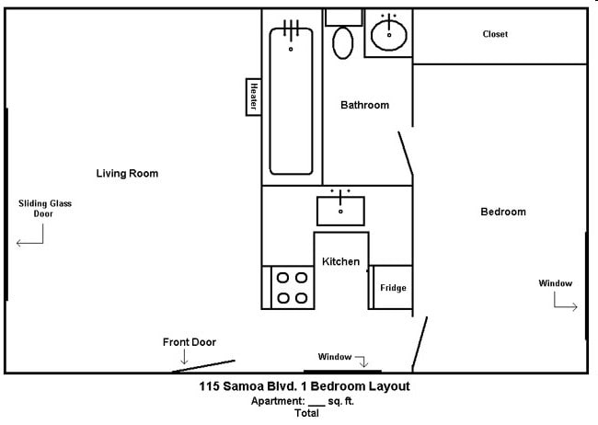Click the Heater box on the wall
(252, 98)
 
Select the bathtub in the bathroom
(291, 101)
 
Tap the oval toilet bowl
(343, 42)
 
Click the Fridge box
(393, 288)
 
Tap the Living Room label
(128, 173)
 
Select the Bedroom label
(503, 212)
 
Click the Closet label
(495, 35)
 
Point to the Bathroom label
(364, 105)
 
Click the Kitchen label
(340, 262)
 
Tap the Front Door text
(190, 342)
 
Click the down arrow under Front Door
(184, 357)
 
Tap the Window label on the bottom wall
(335, 357)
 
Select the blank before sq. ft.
(316, 402)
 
